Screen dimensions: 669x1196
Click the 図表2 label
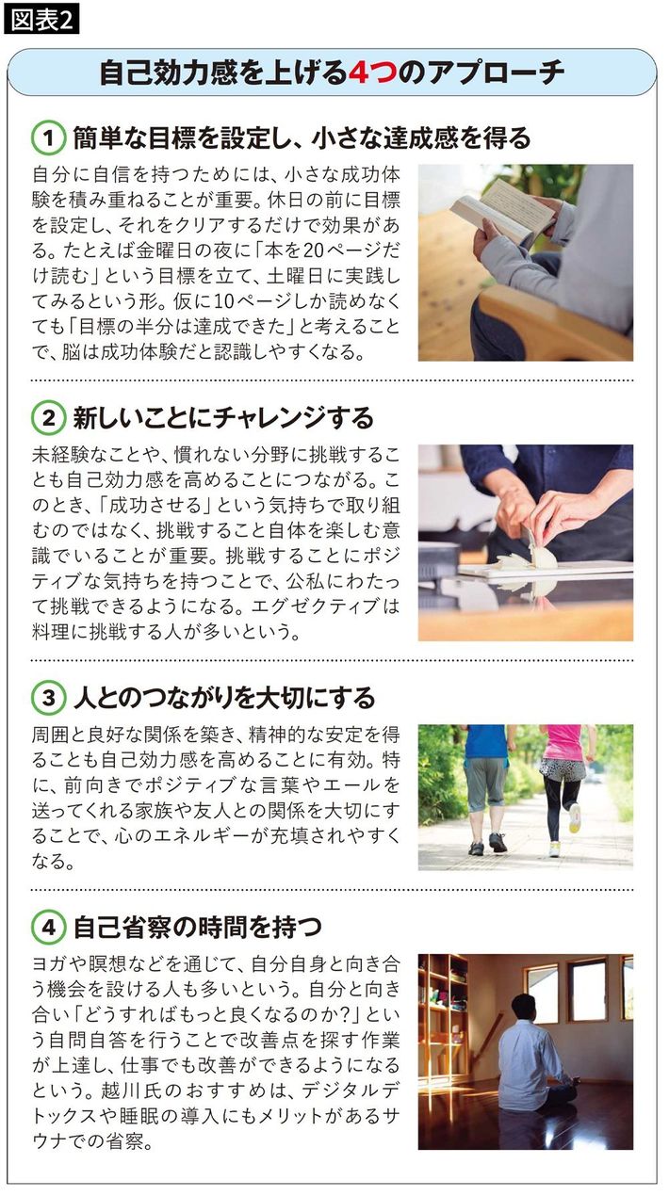[41, 21]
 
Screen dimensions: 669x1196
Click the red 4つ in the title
[372, 73]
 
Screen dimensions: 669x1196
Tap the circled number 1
[49, 138]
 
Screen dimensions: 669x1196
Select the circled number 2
[49, 418]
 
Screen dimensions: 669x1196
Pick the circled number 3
[49, 698]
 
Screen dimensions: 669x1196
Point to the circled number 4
[49, 928]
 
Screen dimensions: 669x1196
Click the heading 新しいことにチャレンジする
[223, 418]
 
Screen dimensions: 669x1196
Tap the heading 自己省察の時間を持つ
[197, 928]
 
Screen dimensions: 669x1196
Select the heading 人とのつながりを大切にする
[224, 698]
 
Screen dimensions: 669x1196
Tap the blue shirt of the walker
[485, 740]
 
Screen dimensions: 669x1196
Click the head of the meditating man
[524, 1008]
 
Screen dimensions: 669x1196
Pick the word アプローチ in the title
[496, 73]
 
